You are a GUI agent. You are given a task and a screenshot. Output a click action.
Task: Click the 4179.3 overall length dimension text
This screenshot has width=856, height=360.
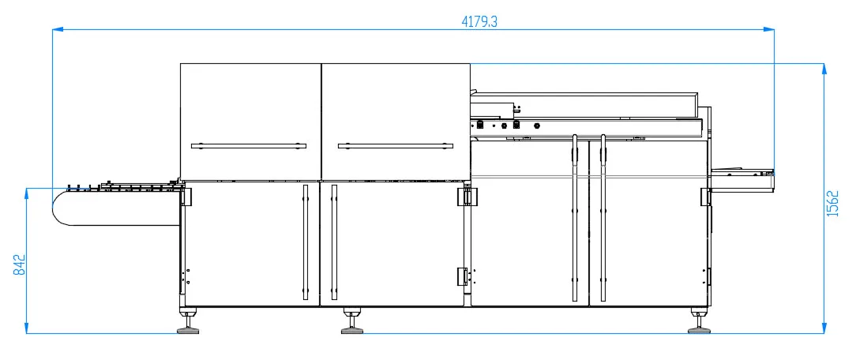479,22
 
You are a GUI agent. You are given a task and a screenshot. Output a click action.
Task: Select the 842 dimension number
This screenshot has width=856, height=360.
19,264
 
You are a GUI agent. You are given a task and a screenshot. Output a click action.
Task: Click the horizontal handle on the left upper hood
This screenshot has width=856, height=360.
250,145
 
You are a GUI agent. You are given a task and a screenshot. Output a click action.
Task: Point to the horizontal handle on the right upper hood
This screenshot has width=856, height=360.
395,145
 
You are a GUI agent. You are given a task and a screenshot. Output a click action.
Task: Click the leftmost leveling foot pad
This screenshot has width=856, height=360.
187,328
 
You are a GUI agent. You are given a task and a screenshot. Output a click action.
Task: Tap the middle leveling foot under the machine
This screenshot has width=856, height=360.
352,328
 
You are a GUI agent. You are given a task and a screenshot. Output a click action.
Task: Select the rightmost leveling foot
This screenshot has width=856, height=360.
699,328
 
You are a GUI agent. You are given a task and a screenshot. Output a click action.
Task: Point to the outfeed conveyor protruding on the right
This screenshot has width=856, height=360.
742,181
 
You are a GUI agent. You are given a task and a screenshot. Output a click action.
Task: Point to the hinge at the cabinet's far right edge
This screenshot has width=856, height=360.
705,197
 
